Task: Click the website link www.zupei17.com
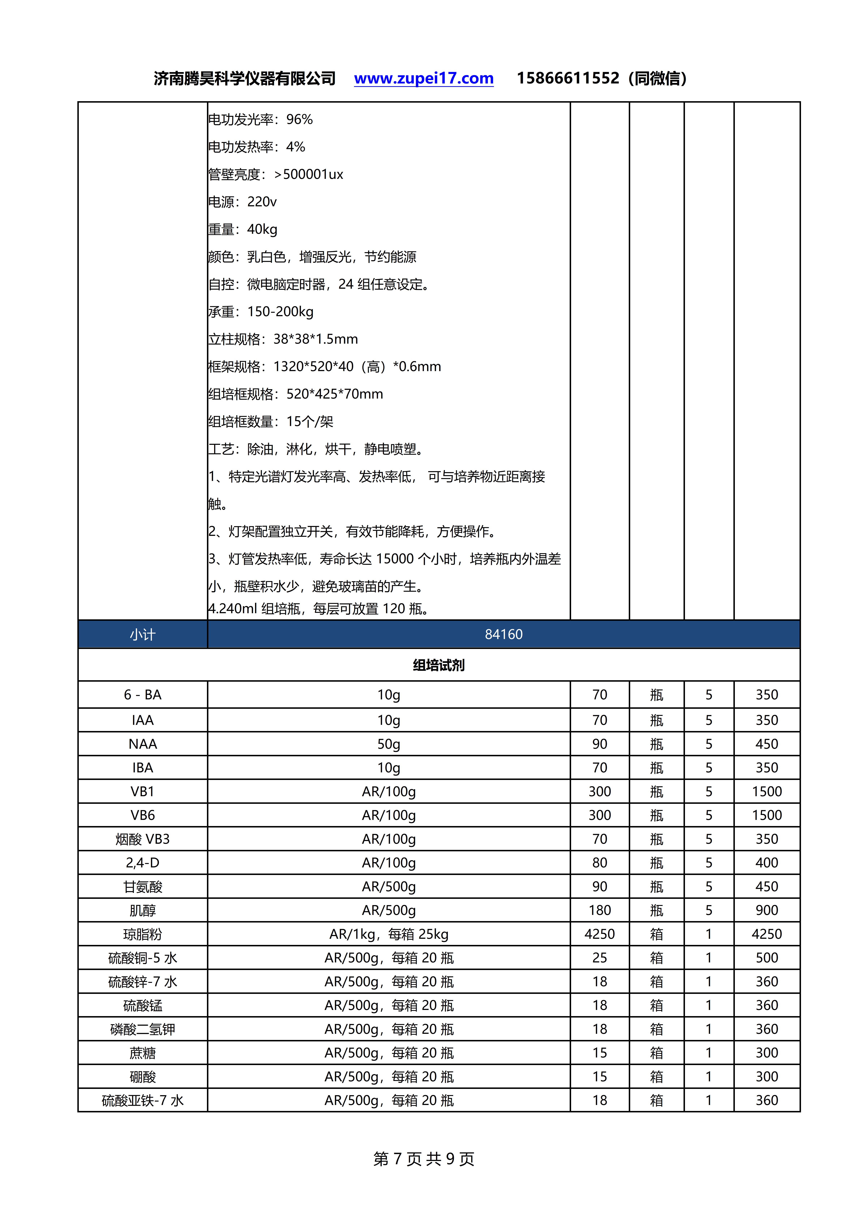[x=424, y=78]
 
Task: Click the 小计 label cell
[x=143, y=635]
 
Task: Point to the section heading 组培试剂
[x=438, y=665]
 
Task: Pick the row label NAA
[x=143, y=744]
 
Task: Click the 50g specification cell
[x=389, y=744]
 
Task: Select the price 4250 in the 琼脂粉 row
[x=600, y=934]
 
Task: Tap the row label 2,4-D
[x=143, y=863]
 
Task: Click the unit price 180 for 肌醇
[x=600, y=910]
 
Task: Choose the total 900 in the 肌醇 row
[x=767, y=910]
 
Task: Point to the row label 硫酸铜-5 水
[x=143, y=958]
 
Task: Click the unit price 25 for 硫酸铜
[x=600, y=958]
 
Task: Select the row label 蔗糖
[x=143, y=1053]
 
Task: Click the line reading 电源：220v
[x=242, y=202]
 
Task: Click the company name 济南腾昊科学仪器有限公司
[x=244, y=78]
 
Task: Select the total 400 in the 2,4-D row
[x=767, y=863]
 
